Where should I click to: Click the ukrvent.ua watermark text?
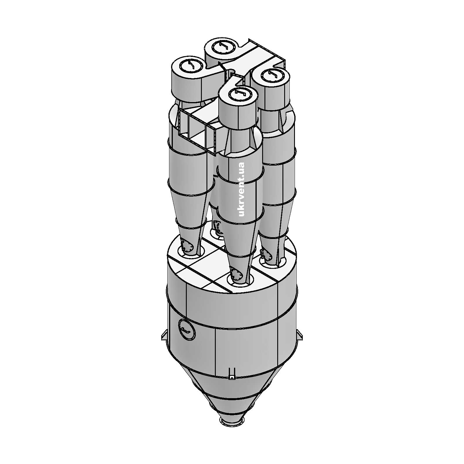241,189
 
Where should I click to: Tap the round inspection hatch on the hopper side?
187,330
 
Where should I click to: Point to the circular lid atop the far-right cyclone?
272,76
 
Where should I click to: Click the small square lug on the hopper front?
231,376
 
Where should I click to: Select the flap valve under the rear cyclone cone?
217,226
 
